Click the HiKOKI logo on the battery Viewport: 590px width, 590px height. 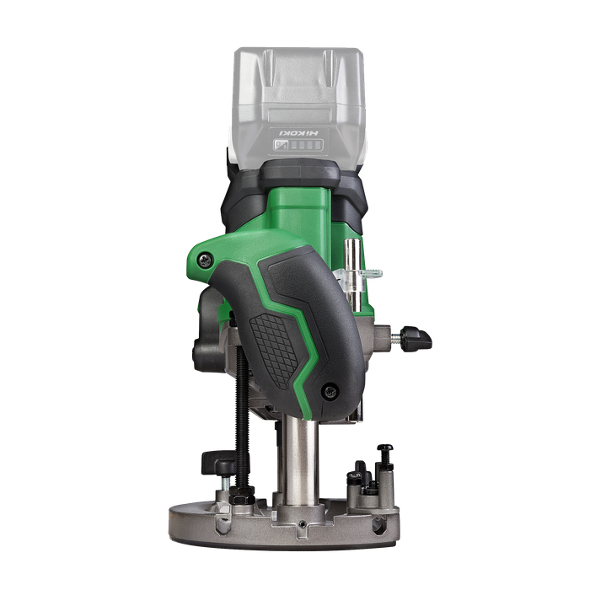(x=299, y=133)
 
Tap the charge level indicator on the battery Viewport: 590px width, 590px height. (x=299, y=144)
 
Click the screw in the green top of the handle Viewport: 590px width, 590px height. (x=205, y=260)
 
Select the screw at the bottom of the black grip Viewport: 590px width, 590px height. (x=330, y=391)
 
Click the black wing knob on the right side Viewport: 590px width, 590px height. (x=416, y=338)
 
